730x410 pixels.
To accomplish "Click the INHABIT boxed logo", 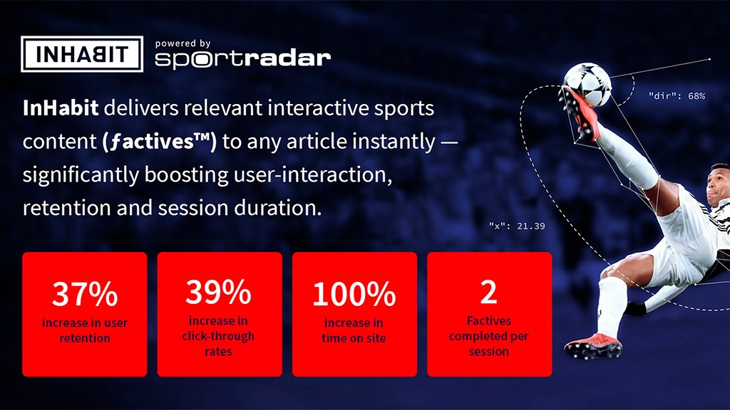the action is pos(82,54).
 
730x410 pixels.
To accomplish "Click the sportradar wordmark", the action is pos(242,60).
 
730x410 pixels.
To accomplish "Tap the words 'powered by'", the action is pos(183,43).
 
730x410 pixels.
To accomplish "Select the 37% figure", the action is pos(85,294).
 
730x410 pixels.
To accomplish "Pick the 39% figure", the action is pos(218,292).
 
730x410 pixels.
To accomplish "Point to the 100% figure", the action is pos(354,294).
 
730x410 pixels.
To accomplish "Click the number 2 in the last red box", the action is pos(489,292).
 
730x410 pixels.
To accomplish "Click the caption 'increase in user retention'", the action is pos(85,330).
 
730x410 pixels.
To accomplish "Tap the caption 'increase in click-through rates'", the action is pos(218,336).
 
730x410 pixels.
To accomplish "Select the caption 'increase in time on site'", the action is pos(354,330).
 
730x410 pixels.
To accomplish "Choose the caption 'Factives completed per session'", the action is pos(489,336).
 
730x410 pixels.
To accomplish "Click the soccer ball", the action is pos(587,85).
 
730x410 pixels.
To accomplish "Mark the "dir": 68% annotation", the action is pos(677,96).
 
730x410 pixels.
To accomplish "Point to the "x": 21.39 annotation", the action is pos(517,226).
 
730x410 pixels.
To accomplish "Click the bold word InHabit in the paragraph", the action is pos(61,108).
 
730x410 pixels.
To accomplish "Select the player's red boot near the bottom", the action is pos(592,346).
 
